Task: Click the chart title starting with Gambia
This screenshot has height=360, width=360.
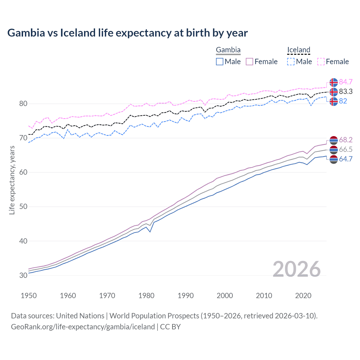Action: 127,33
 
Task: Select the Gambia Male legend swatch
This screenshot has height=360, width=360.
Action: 220,62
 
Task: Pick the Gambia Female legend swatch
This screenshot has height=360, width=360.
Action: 249,62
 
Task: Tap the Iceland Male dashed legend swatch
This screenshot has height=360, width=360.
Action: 291,62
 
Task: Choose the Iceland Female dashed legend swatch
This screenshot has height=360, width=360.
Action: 321,62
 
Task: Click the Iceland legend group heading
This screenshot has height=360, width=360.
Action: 298,50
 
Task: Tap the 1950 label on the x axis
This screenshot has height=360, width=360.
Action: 29,296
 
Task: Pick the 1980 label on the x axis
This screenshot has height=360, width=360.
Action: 146,296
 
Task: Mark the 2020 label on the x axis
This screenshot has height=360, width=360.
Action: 303,296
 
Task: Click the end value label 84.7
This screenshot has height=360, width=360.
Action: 346,82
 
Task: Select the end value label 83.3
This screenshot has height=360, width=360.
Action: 346,91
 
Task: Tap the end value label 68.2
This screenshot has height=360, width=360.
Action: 346,140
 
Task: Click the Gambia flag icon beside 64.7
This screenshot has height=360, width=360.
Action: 334,159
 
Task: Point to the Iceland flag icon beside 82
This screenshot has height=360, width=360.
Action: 334,101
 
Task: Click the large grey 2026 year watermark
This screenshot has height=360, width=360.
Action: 296,269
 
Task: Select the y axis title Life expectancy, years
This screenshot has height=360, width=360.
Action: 12,180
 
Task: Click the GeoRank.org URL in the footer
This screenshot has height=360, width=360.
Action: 83,327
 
